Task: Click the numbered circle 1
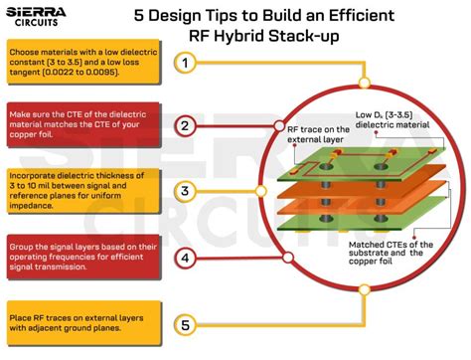185,63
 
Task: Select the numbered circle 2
185,126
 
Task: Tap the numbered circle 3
185,190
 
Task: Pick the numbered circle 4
185,259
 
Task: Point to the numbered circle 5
185,324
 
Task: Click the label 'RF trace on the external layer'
321,135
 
